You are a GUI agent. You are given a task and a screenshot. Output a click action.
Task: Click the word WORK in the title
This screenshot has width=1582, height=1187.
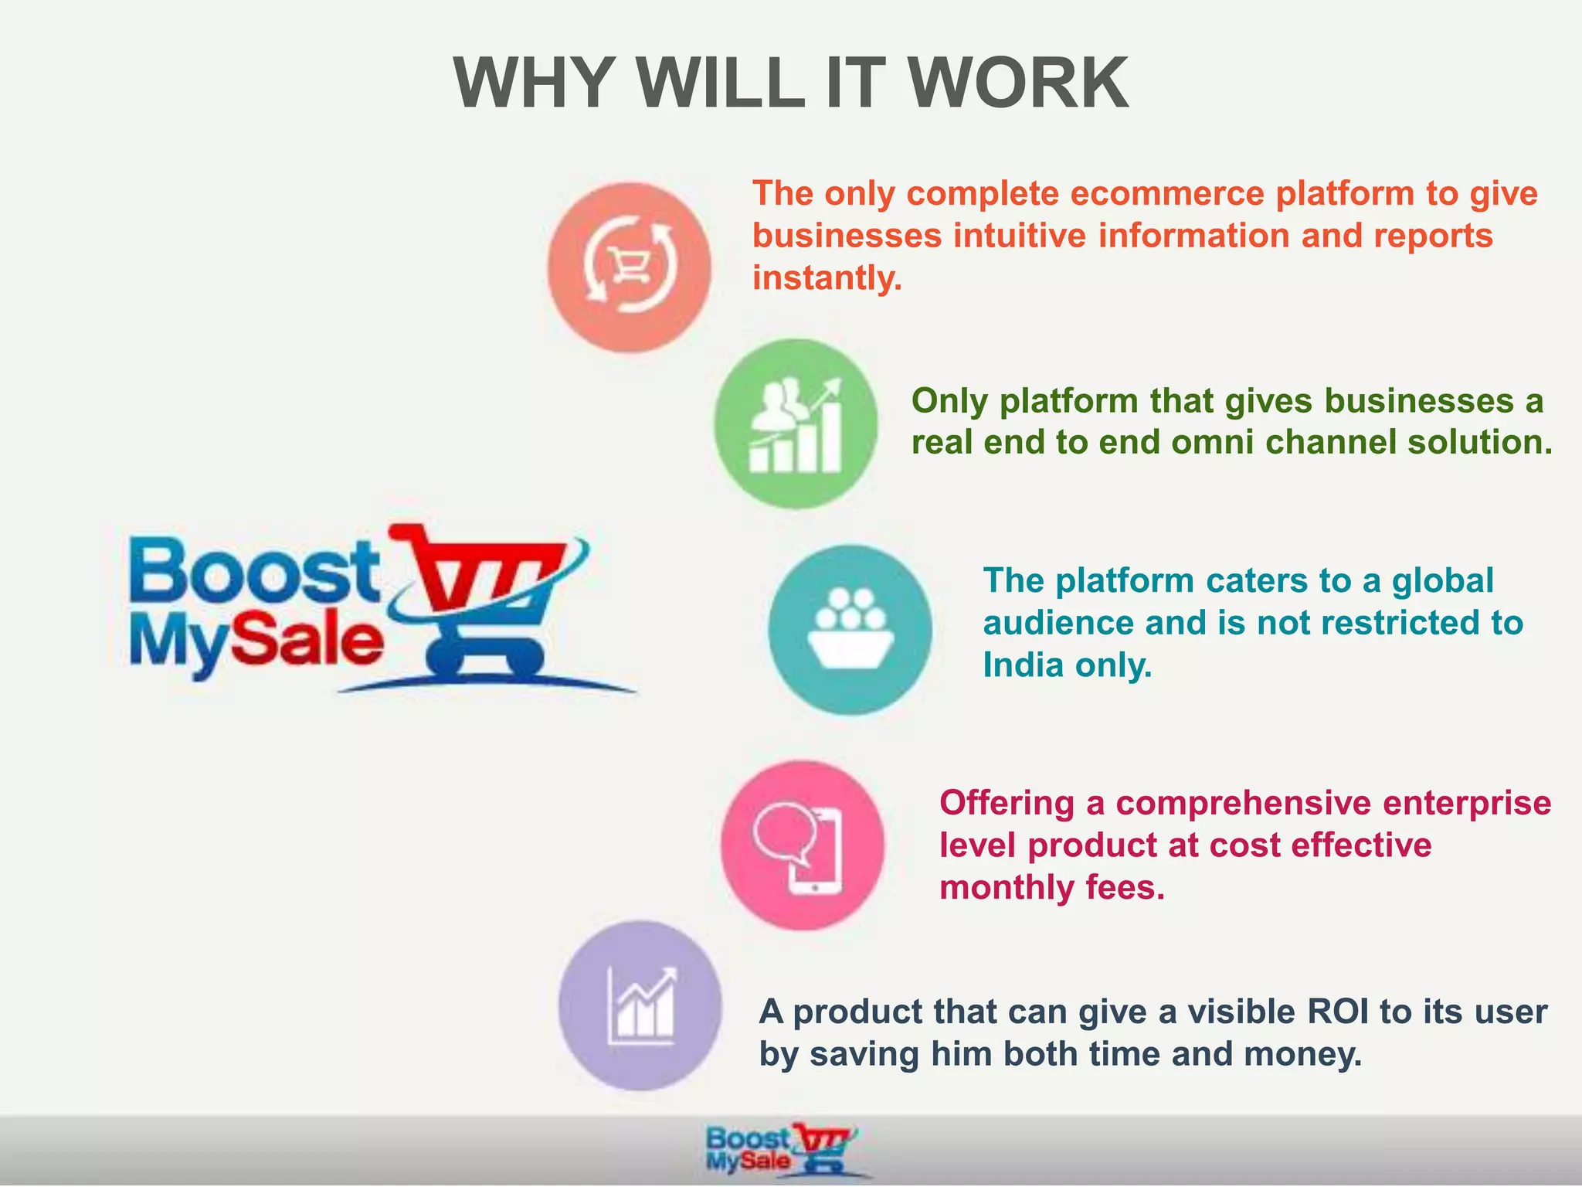[1018, 83]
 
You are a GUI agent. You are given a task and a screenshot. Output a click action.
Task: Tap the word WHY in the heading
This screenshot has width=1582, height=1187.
[532, 83]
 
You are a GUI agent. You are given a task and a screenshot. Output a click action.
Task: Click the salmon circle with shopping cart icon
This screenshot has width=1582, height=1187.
[629, 267]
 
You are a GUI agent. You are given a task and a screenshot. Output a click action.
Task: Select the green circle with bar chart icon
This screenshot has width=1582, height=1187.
[796, 423]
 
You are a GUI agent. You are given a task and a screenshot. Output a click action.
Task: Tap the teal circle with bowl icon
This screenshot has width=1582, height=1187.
[850, 629]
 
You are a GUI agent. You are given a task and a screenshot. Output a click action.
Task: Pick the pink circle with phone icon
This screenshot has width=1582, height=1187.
[803, 845]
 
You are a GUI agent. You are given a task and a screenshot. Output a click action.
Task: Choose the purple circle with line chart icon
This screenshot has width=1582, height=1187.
[640, 1005]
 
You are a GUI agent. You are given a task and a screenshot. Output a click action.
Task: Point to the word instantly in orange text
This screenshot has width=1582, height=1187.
[827, 277]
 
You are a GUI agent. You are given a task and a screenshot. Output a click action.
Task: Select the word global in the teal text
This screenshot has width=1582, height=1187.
[1442, 580]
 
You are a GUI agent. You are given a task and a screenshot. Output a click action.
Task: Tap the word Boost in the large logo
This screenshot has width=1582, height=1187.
[255, 572]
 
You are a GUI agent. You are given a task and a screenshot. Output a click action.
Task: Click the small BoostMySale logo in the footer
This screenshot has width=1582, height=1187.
[780, 1150]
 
